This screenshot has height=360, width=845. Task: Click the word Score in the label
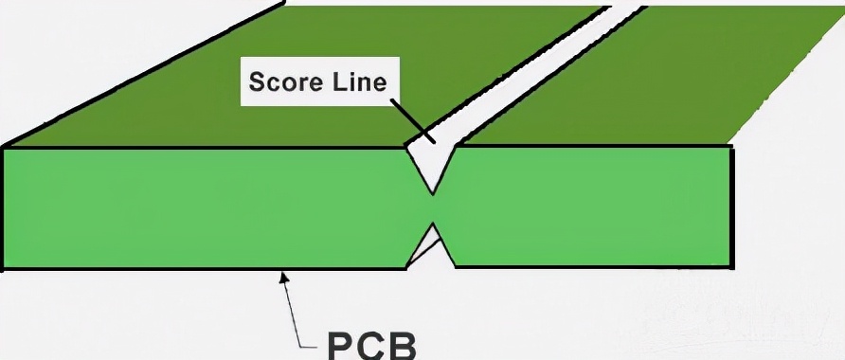(280, 82)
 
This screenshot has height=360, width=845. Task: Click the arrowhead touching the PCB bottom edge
(281, 276)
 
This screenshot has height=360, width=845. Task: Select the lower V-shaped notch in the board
(431, 248)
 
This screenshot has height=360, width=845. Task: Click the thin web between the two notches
(433, 208)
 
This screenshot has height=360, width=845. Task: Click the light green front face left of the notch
(208, 208)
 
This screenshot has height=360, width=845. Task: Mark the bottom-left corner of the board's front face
(5, 269)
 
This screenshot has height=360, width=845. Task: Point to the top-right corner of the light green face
(731, 148)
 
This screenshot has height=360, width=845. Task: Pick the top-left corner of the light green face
(5, 148)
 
